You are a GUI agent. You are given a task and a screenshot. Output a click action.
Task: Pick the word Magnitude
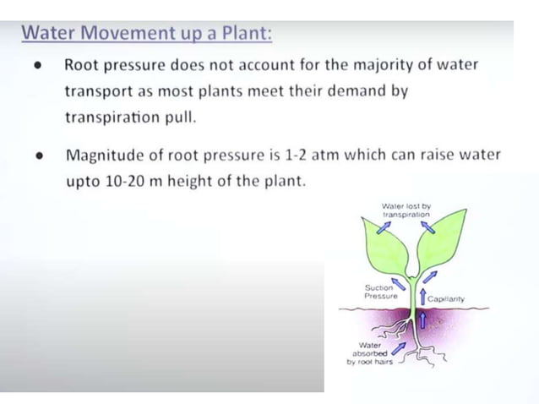tap(105, 156)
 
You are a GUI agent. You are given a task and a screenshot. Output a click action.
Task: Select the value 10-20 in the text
tap(127, 182)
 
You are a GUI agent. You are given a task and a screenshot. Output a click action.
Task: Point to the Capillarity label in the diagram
tap(445, 299)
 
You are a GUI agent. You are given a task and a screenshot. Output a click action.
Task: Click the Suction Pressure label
tap(380, 292)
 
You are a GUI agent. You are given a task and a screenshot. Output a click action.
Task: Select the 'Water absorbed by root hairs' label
tap(369, 353)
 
